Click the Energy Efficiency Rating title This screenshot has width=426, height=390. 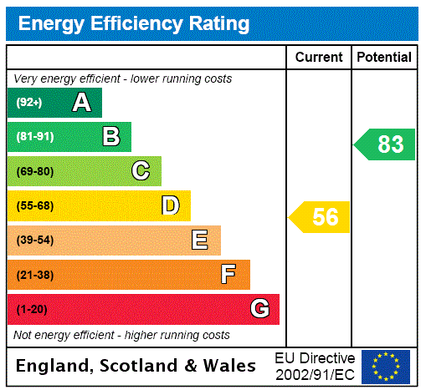point(133,23)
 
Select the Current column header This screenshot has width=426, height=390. point(319,57)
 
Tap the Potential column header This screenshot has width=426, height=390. point(384,57)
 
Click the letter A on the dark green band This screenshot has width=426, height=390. point(81,103)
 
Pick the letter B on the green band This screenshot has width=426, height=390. point(110,137)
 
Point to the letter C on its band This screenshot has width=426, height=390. point(141,171)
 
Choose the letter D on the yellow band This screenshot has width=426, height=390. point(171,205)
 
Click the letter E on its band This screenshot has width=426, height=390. point(200,241)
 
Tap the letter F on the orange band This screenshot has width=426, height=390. point(228,275)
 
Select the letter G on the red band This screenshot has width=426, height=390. point(259,309)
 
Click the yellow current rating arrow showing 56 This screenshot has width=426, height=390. point(320,217)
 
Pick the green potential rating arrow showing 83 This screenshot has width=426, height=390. point(385,144)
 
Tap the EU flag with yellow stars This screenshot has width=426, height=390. point(386,366)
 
